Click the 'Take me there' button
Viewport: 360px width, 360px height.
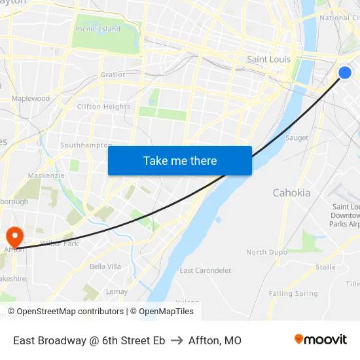coord(180,160)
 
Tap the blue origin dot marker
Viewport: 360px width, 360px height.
coord(345,73)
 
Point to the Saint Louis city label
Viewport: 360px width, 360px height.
coord(268,60)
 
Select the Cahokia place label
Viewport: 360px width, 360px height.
coord(291,193)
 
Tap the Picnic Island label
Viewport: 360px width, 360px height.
coord(98,29)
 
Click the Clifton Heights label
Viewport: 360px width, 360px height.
coord(103,107)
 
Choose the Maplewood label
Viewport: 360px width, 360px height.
coord(31,99)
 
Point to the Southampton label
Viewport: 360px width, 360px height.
coord(86,145)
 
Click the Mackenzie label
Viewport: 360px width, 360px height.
coord(46,176)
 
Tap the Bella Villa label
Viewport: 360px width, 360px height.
coord(105,266)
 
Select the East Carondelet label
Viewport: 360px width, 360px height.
coord(205,270)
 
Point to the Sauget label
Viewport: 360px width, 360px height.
coord(297,138)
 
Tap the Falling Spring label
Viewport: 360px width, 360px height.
coord(293,294)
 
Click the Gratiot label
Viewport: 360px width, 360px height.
coord(113,75)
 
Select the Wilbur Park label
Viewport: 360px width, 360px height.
coord(60,243)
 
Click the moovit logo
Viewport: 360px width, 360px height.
coord(321,340)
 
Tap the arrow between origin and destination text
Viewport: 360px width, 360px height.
coord(177,340)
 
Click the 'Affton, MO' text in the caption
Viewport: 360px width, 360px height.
coord(215,340)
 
